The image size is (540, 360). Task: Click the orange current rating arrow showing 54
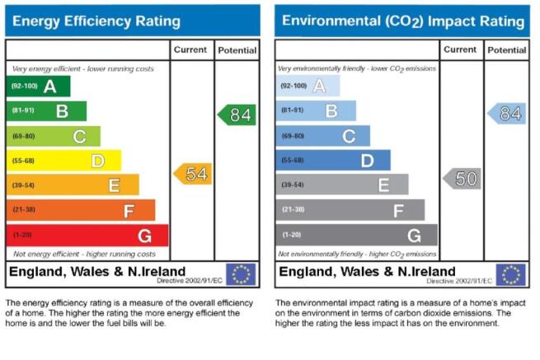click(193, 174)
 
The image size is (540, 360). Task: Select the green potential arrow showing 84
click(237, 115)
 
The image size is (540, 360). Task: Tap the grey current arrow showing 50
click(462, 179)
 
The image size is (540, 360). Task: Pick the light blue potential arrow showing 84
click(506, 114)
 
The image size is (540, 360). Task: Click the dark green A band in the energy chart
click(38, 86)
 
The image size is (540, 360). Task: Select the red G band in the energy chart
click(87, 236)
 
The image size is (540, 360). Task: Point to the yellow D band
click(63, 161)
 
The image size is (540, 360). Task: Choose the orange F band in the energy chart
click(81, 210)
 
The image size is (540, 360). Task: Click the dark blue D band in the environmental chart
click(333, 160)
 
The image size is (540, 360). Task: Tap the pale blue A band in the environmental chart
click(308, 86)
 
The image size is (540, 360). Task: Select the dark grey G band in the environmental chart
click(356, 235)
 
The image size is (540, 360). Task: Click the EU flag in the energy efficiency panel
click(241, 274)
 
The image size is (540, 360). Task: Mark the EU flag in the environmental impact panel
click(510, 274)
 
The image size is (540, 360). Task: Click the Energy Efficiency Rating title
click(96, 21)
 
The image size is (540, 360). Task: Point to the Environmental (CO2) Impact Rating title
click(403, 21)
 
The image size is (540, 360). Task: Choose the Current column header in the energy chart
click(190, 50)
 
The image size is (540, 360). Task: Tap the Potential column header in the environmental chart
click(506, 50)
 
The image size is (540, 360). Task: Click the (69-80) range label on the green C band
click(23, 136)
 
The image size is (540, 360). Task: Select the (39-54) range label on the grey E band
click(293, 185)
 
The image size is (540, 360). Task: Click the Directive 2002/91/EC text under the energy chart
click(190, 281)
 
